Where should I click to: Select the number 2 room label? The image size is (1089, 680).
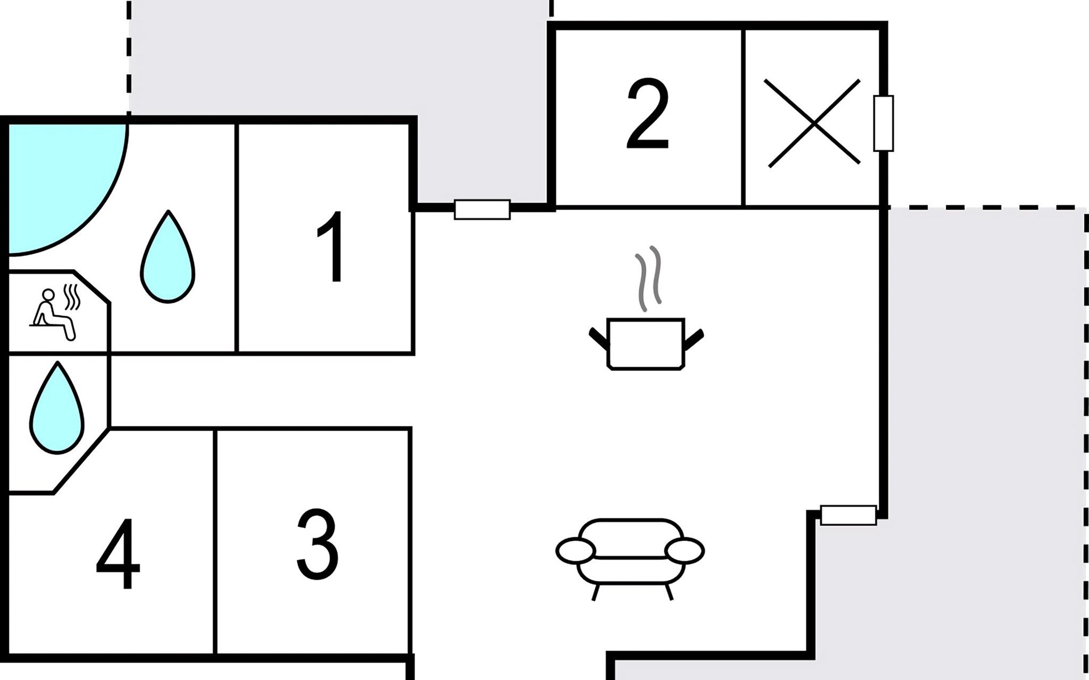(648, 114)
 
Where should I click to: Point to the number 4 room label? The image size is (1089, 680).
(118, 554)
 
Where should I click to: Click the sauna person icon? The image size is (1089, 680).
(54, 313)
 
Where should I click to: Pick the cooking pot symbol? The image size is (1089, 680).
(647, 344)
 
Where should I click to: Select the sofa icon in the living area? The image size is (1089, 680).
(630, 559)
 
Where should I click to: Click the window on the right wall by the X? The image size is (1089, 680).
(883, 124)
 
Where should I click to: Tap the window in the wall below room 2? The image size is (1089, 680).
(482, 210)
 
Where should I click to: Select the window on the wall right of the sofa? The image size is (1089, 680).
(849, 515)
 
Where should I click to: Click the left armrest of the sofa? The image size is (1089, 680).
(576, 550)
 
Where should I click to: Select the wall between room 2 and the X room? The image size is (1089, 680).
(743, 117)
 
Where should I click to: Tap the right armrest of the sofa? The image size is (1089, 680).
(685, 550)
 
